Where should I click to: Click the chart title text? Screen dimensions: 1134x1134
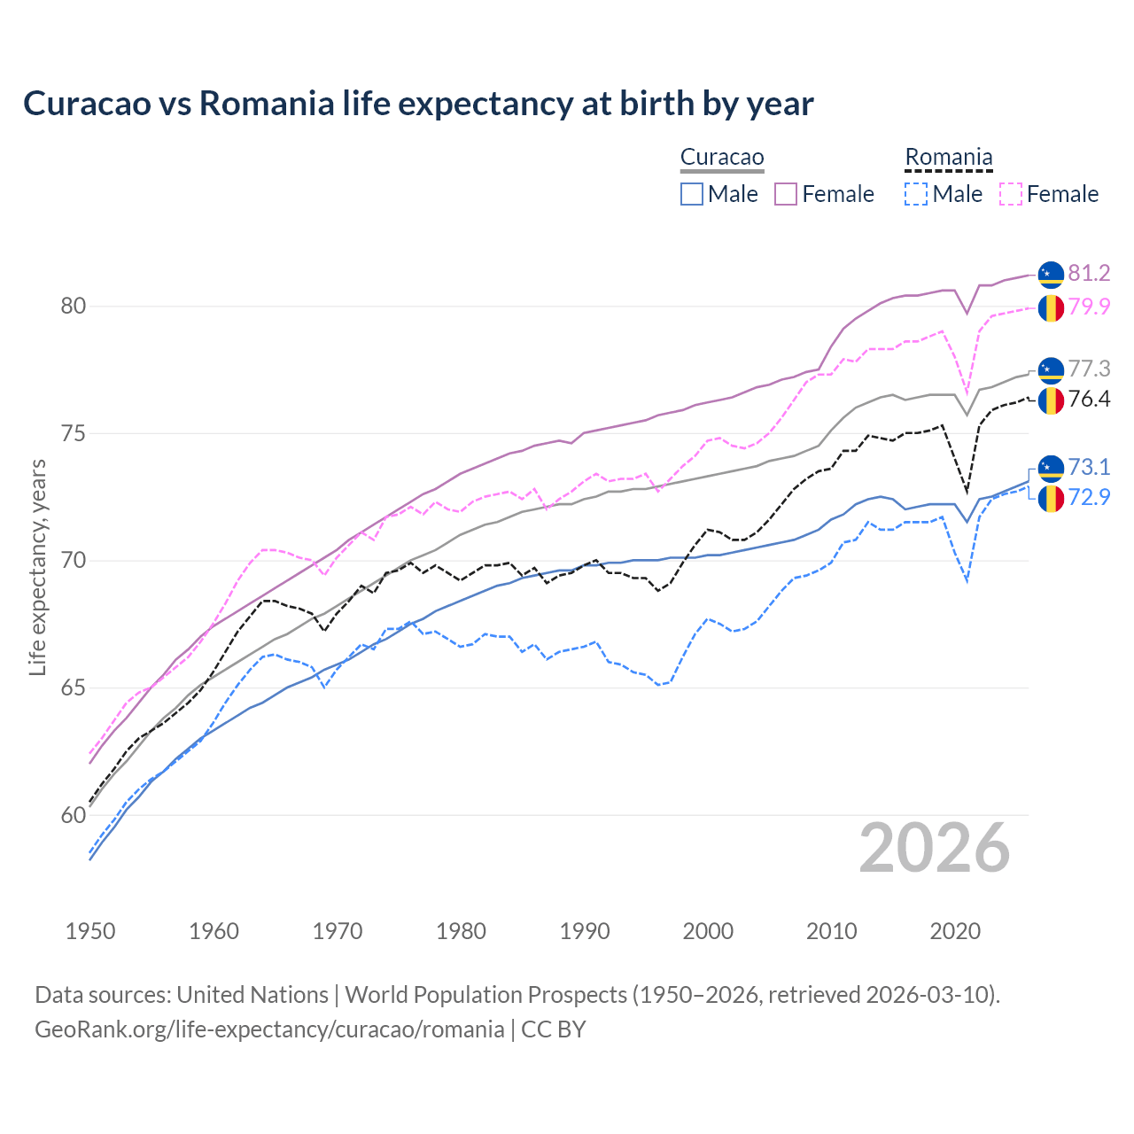[418, 104]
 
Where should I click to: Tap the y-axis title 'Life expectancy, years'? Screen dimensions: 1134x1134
[37, 567]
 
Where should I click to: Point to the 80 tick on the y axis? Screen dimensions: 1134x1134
[73, 307]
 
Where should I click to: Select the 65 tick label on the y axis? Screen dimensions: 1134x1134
[73, 688]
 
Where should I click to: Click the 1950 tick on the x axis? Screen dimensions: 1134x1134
[90, 931]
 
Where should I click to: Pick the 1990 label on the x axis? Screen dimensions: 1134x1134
[585, 931]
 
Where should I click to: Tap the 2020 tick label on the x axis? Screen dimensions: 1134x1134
[955, 931]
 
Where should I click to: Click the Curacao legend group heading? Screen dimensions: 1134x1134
[722, 158]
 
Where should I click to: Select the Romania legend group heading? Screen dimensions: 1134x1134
[948, 158]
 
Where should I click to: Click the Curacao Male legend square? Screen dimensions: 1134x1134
[692, 194]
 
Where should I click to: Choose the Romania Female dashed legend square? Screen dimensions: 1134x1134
[1011, 194]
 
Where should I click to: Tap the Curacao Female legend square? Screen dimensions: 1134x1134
[786, 194]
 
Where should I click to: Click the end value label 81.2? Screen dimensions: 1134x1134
[1089, 274]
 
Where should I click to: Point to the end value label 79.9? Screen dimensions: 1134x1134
[1089, 307]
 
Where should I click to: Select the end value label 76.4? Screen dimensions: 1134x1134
[1089, 400]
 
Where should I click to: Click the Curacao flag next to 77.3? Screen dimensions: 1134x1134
[1051, 369]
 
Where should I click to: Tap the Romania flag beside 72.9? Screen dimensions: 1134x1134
[1051, 498]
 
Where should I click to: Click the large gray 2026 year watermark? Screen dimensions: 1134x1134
[935, 848]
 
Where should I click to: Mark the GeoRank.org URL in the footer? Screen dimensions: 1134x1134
[269, 1029]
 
